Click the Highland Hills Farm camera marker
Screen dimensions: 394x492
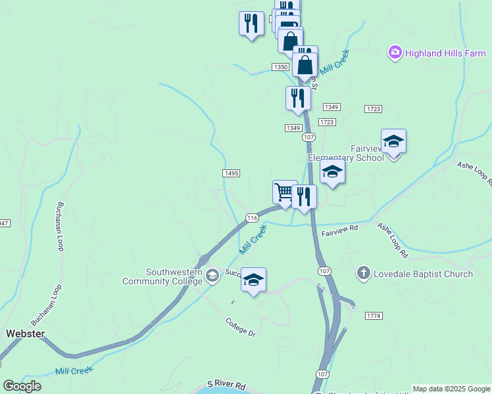point(395,53)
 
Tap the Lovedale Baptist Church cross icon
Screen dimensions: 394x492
point(364,274)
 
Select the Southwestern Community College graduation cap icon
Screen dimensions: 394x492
point(212,275)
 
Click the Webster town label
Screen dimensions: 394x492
point(25,334)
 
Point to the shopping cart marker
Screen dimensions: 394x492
point(285,192)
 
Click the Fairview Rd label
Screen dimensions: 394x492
point(339,229)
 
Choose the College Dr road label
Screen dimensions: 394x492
point(239,327)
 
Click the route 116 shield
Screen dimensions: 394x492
point(251,217)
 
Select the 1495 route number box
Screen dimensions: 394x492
point(231,173)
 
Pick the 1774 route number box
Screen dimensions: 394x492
point(374,316)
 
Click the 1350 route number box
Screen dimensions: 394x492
point(281,67)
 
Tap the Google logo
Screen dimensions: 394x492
point(22,386)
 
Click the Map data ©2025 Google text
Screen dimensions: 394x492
point(451,389)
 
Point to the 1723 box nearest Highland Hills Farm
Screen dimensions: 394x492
point(373,108)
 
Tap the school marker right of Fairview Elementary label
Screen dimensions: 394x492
point(393,142)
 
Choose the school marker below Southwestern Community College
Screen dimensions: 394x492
point(253,280)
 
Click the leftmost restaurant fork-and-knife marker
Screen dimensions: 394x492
point(251,24)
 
